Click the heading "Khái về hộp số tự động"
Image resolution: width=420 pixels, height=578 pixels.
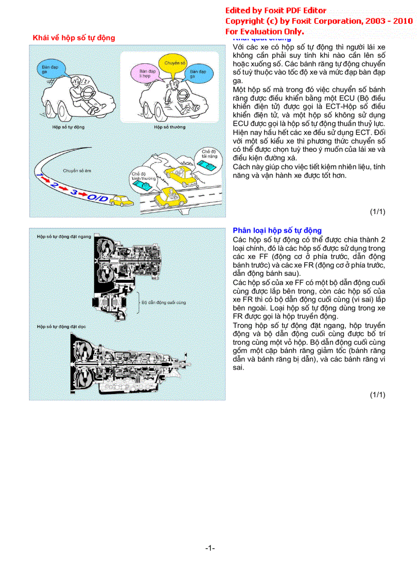74,38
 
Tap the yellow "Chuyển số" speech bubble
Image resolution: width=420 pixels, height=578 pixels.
175,64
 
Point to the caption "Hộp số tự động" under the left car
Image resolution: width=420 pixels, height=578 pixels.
68,127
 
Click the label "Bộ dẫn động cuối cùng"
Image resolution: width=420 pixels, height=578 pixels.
164,303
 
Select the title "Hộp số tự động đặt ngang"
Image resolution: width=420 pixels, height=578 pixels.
64,236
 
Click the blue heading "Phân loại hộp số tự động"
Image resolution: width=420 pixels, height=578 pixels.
277,230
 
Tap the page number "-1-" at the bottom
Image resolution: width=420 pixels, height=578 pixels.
210,548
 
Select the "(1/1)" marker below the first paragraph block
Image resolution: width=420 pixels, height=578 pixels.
377,212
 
